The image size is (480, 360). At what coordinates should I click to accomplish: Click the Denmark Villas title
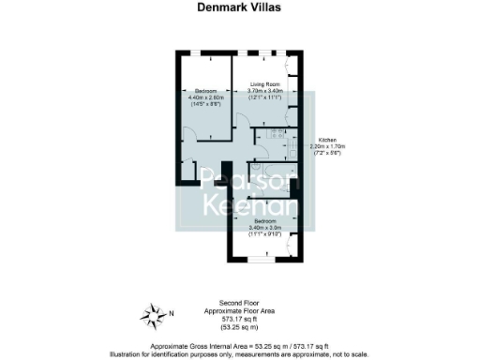239,7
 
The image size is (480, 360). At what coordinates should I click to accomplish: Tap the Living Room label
264,83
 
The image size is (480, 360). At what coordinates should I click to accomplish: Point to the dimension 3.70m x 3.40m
264,90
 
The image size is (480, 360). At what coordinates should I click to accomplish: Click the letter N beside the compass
172,312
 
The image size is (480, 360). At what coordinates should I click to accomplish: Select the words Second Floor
239,304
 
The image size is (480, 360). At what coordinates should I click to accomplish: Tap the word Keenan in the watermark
251,206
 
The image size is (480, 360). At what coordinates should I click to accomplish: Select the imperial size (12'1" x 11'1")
264,97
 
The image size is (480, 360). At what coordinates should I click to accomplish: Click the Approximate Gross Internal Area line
239,346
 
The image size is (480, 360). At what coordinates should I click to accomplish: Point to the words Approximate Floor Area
239,310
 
